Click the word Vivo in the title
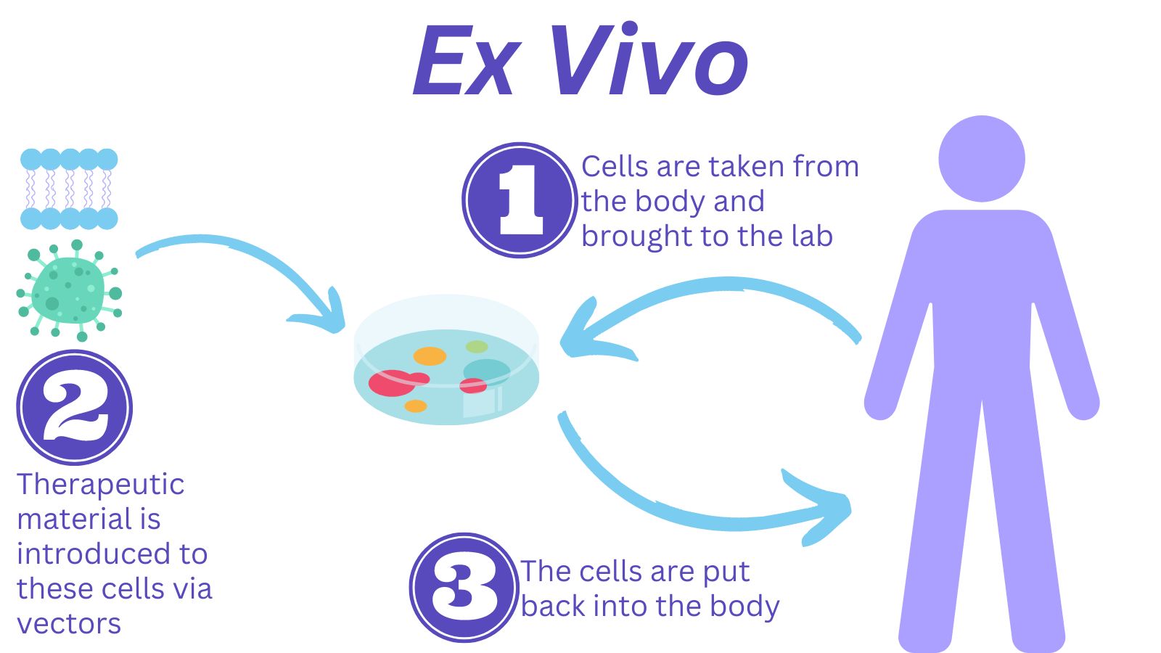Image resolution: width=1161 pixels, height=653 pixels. point(648,61)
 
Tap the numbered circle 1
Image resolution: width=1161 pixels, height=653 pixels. point(520,200)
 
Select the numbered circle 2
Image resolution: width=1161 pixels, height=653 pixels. point(74,407)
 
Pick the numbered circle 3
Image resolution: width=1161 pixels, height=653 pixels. point(464,587)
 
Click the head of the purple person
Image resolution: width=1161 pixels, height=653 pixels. point(981,159)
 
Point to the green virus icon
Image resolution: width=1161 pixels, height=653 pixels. point(70,290)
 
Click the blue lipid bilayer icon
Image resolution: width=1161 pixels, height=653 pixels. point(69,189)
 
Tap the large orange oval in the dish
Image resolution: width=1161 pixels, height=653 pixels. point(430,356)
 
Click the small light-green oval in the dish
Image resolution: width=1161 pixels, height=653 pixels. point(477,346)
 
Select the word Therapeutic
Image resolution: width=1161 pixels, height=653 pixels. point(100,485)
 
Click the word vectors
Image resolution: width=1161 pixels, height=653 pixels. point(69,624)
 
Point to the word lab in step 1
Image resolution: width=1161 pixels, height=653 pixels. point(812,237)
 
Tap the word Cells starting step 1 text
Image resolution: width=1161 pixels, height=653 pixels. point(615,167)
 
